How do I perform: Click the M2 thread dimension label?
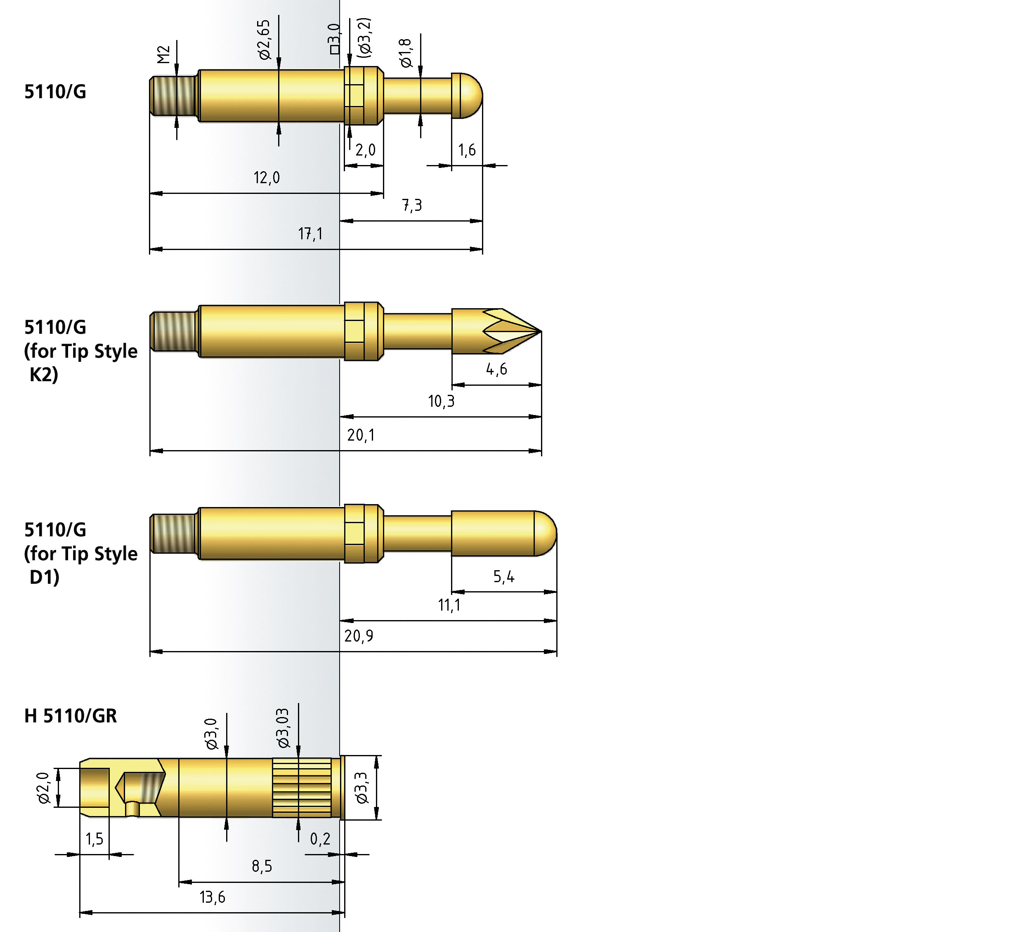(x=163, y=54)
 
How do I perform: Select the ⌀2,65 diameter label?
(x=264, y=40)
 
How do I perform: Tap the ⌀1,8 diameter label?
(x=406, y=53)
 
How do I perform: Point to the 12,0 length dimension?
(x=267, y=177)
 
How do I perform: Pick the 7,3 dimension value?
(x=412, y=205)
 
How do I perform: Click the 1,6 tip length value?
(x=467, y=150)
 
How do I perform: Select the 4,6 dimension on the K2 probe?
(x=497, y=369)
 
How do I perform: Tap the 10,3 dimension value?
(x=442, y=401)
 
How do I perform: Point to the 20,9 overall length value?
(x=359, y=636)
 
